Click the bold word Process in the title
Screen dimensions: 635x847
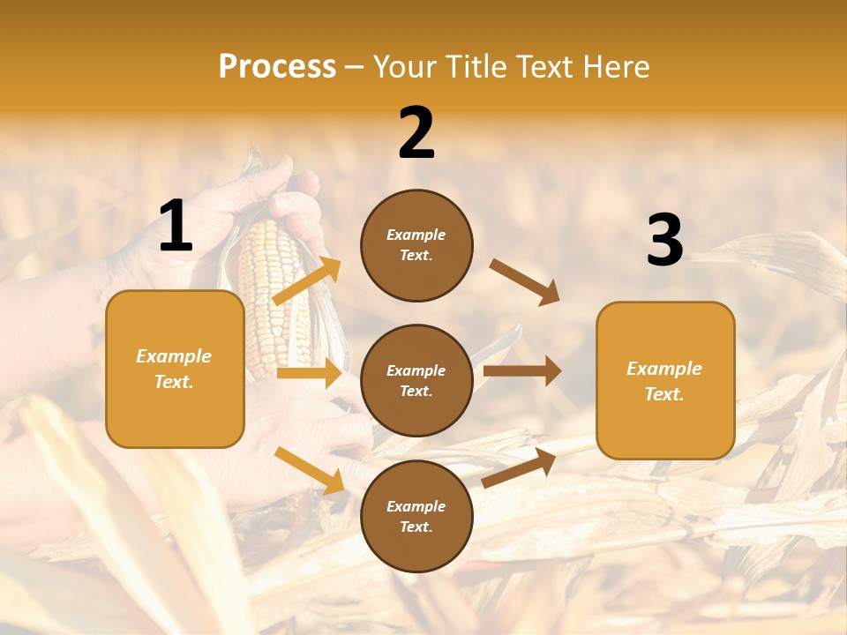[277, 67]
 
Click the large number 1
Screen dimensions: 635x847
[175, 227]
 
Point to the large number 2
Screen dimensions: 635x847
[416, 133]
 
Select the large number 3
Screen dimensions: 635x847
[664, 240]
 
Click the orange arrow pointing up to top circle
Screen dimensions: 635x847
[307, 280]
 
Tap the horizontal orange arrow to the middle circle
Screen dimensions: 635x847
[309, 373]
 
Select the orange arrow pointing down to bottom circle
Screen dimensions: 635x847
[309, 470]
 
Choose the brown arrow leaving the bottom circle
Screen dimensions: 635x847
[519, 467]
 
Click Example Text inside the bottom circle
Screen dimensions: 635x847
[416, 517]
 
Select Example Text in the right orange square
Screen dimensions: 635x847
[664, 381]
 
